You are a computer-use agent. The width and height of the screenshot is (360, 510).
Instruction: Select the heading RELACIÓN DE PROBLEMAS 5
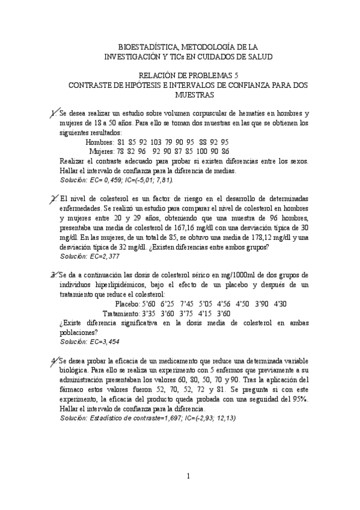(x=188, y=76)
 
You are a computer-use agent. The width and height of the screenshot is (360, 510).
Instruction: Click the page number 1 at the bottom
(x=188, y=477)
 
